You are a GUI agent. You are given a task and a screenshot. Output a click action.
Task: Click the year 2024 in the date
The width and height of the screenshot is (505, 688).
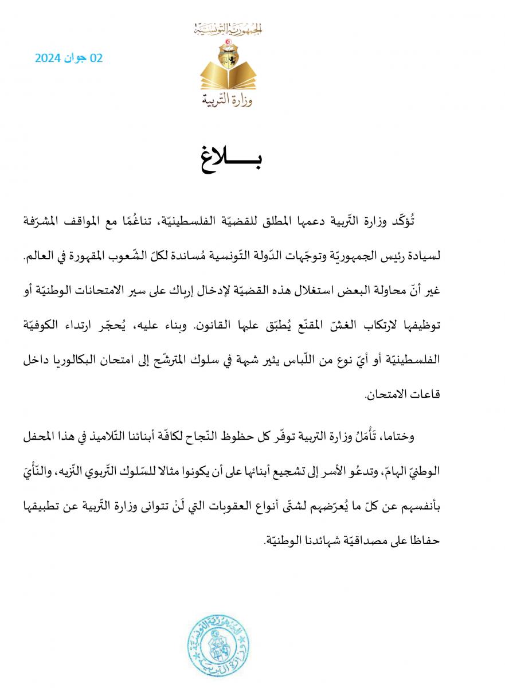[49, 58]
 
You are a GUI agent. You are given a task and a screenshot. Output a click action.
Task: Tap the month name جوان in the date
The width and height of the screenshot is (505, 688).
[75, 58]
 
